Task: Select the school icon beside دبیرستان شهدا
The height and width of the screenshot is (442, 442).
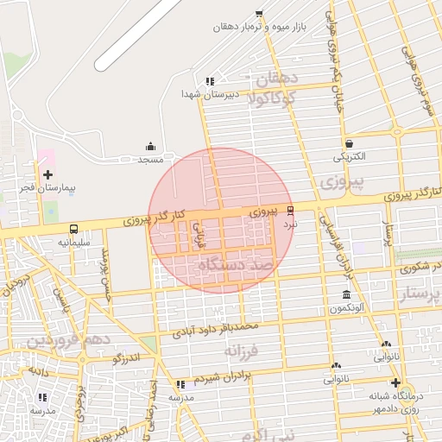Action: (209, 81)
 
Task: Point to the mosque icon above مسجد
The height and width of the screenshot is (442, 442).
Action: (151, 146)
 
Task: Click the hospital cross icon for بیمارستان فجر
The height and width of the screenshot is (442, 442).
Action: (47, 175)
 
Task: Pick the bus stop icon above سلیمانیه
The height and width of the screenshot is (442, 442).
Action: (74, 230)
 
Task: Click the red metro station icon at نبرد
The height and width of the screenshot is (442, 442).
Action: (290, 211)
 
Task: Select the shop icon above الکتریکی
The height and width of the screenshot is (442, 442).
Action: (349, 143)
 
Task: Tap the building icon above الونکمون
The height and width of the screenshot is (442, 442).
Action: (346, 295)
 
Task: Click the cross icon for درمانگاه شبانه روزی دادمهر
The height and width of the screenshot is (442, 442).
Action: (395, 382)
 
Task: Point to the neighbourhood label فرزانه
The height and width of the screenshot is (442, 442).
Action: (242, 352)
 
